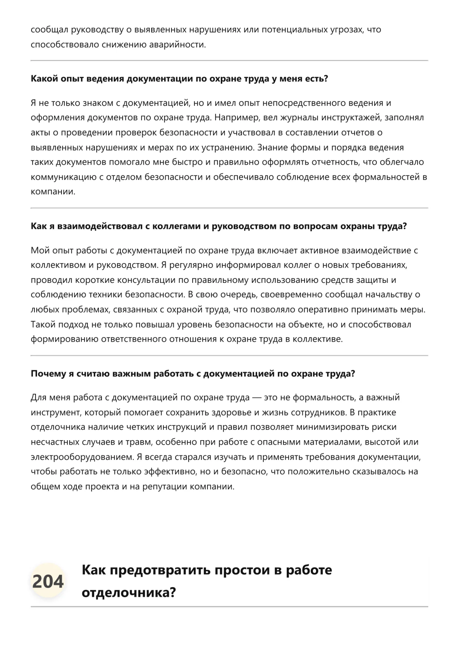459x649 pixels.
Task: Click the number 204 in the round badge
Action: point(48,581)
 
